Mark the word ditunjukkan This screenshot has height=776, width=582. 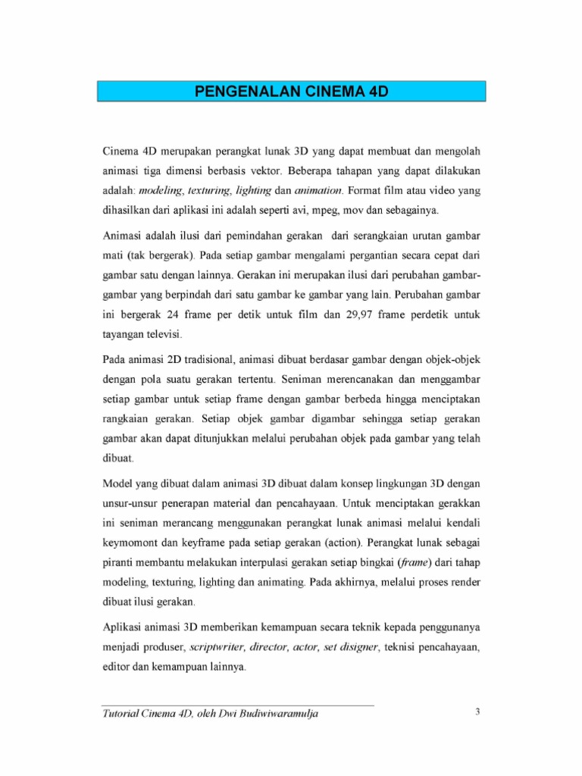tap(226, 439)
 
